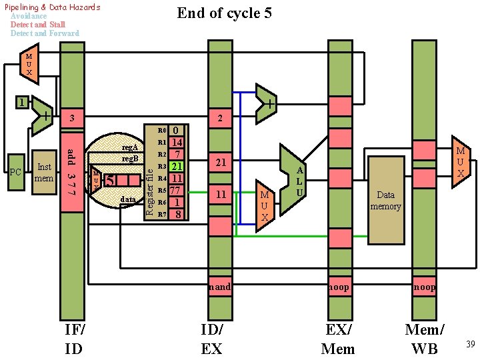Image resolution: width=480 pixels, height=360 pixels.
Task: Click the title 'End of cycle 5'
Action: pos(224,13)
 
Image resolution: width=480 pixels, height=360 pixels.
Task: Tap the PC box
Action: pos(17,173)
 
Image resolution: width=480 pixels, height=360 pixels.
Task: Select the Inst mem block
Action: pos(45,173)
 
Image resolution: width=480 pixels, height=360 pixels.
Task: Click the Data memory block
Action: pos(386,200)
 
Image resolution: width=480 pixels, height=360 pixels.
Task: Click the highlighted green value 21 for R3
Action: pos(177,166)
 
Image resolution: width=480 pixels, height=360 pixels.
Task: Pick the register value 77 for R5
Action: pos(177,190)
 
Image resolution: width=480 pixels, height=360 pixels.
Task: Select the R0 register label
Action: pos(161,131)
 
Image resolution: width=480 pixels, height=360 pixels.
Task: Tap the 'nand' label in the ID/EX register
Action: pos(220,287)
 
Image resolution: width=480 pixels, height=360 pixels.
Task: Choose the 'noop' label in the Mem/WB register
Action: pos(424,287)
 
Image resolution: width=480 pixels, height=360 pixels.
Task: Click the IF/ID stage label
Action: pos(74,339)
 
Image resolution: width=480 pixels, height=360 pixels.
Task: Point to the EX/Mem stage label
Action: pos(338,339)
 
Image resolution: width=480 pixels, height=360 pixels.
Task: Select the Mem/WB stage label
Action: pos(424,339)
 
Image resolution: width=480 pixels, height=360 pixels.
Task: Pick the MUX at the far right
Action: pos(460,163)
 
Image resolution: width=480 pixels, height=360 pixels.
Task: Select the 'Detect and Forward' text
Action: pos(45,33)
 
